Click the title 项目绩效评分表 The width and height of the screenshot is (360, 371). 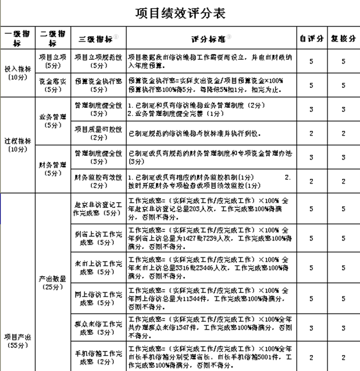pyautogui.click(x=180, y=12)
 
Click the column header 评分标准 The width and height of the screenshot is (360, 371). pyautogui.click(x=210, y=38)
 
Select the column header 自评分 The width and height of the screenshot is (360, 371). pyautogui.click(x=311, y=38)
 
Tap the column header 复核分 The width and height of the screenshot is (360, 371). pyautogui.click(x=342, y=38)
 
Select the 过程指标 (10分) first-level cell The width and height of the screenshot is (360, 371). pyautogui.click(x=17, y=145)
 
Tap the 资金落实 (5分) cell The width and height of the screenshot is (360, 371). pyautogui.click(x=52, y=86)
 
